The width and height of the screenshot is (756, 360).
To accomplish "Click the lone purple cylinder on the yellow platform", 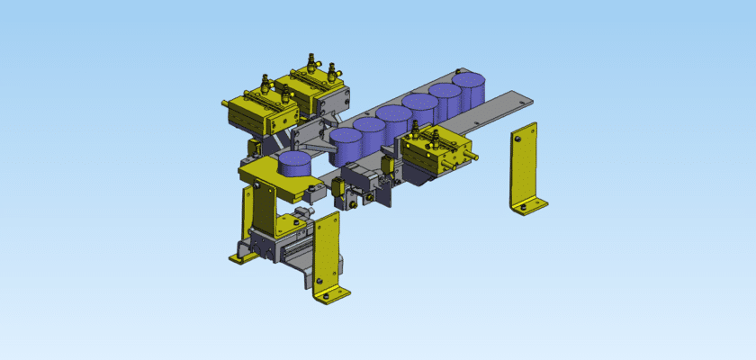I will tap(293, 164).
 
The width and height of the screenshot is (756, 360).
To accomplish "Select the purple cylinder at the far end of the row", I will tap(469, 91).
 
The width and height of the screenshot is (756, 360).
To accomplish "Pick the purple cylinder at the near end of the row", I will tap(345, 144).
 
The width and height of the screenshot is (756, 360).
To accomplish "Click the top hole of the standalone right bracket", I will tap(519, 139).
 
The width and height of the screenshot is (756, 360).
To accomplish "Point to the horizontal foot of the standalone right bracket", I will tap(531, 208).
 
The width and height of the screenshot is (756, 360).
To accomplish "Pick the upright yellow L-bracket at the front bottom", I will tap(328, 256).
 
